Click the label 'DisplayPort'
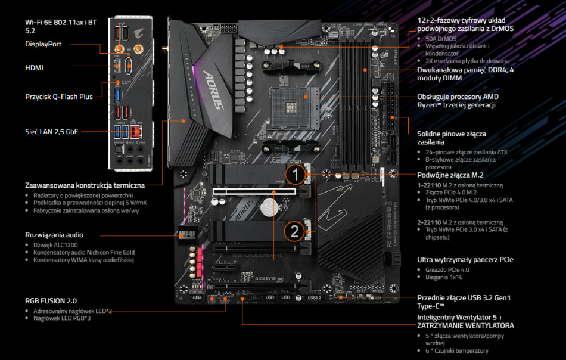point(43,44)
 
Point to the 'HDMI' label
point(34,68)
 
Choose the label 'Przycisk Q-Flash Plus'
point(59,96)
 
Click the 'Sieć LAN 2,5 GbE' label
point(51,131)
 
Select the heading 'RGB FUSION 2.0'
point(51,301)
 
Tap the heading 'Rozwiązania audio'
point(54,235)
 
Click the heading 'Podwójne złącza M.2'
point(450,175)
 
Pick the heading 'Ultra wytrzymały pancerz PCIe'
point(465,260)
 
